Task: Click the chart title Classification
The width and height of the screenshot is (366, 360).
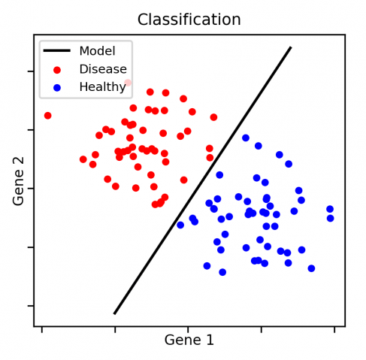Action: tap(189, 20)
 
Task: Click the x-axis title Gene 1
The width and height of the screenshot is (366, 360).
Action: tap(189, 340)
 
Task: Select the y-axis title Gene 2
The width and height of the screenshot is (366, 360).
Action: tap(18, 181)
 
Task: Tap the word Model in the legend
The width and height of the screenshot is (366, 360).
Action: tap(97, 51)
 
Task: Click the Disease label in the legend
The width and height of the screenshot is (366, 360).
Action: tap(103, 69)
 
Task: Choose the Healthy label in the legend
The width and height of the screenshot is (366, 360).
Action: tap(102, 87)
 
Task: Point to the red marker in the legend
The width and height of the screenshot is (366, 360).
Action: tap(57, 70)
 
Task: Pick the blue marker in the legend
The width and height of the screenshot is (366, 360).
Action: tap(57, 88)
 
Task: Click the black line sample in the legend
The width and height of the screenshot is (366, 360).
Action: tap(57, 50)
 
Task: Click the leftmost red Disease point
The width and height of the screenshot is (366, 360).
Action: tap(47, 116)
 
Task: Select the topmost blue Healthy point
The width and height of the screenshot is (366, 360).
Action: tap(246, 138)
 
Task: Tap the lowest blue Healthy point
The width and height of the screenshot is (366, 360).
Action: tap(222, 272)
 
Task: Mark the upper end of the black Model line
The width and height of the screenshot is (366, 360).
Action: tap(291, 47)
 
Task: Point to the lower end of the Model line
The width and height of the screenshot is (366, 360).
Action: tap(114, 313)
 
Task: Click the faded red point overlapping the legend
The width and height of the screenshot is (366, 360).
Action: tap(128, 83)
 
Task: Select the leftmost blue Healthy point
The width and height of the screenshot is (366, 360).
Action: tap(180, 225)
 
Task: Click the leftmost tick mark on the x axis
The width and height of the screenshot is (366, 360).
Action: tap(42, 330)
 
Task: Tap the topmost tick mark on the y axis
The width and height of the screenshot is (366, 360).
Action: tap(31, 71)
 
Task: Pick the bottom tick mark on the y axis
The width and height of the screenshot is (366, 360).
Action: tap(31, 306)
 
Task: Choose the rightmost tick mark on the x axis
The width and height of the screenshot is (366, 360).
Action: tap(334, 330)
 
